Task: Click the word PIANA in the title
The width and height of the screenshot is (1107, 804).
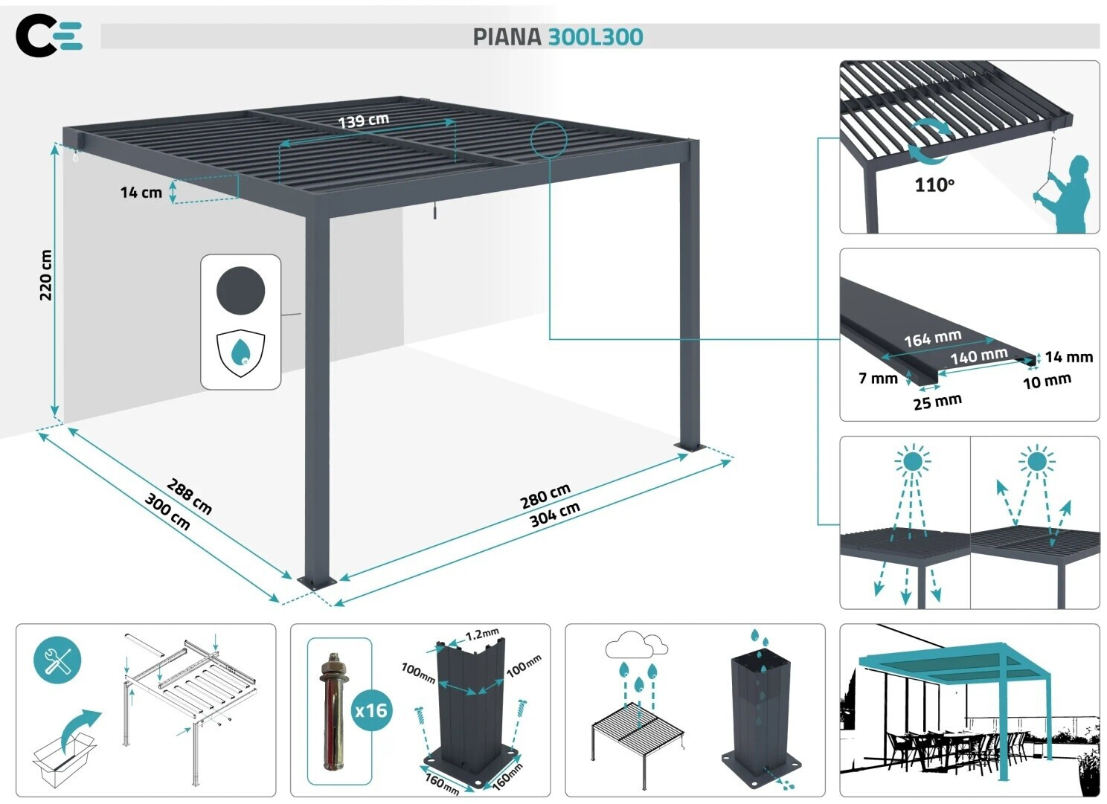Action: click(x=507, y=37)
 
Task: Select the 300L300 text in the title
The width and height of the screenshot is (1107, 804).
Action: click(x=596, y=37)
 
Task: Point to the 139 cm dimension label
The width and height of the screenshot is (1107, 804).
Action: click(x=364, y=120)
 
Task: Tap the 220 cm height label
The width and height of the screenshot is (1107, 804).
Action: click(x=45, y=274)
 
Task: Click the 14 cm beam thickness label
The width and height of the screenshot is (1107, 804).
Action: click(x=141, y=192)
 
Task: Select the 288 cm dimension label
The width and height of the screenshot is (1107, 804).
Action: click(x=189, y=496)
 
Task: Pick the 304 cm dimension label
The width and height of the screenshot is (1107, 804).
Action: click(x=554, y=515)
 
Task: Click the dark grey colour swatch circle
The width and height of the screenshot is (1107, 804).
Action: click(x=241, y=291)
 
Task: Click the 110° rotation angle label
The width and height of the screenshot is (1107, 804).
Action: click(x=934, y=184)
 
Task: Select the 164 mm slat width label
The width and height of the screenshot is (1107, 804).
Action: click(x=933, y=338)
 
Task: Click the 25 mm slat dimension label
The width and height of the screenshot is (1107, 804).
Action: click(x=937, y=402)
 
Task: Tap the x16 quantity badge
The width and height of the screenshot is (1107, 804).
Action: click(x=371, y=710)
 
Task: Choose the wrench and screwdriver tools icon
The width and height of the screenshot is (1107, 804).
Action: click(x=57, y=660)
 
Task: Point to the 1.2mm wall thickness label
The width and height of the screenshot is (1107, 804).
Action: click(x=482, y=634)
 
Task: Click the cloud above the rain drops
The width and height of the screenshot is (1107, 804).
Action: click(x=637, y=644)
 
